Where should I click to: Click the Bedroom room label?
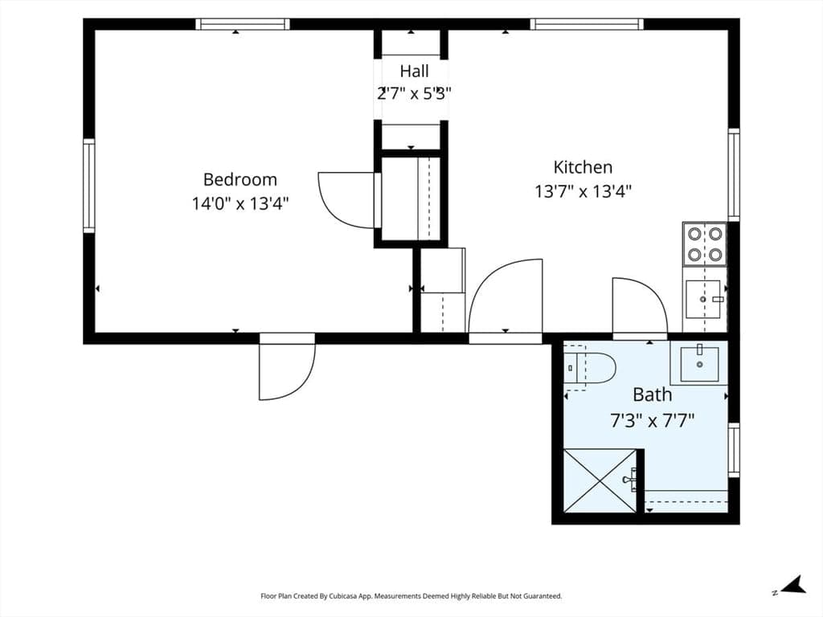click(x=240, y=179)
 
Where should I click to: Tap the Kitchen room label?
click(x=583, y=167)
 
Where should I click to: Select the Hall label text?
click(x=414, y=71)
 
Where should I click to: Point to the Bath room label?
click(x=652, y=394)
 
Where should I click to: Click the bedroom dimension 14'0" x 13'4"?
click(x=240, y=203)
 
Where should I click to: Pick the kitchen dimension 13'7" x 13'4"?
click(x=583, y=191)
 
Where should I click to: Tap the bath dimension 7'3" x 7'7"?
click(x=652, y=420)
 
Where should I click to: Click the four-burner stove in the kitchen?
click(x=704, y=244)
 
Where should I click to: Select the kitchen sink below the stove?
click(x=703, y=299)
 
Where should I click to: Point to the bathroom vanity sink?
click(x=699, y=364)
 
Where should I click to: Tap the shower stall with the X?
click(x=600, y=480)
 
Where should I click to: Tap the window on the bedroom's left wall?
click(x=89, y=186)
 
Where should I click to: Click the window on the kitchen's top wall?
click(x=586, y=24)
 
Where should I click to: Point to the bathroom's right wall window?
click(x=734, y=450)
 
